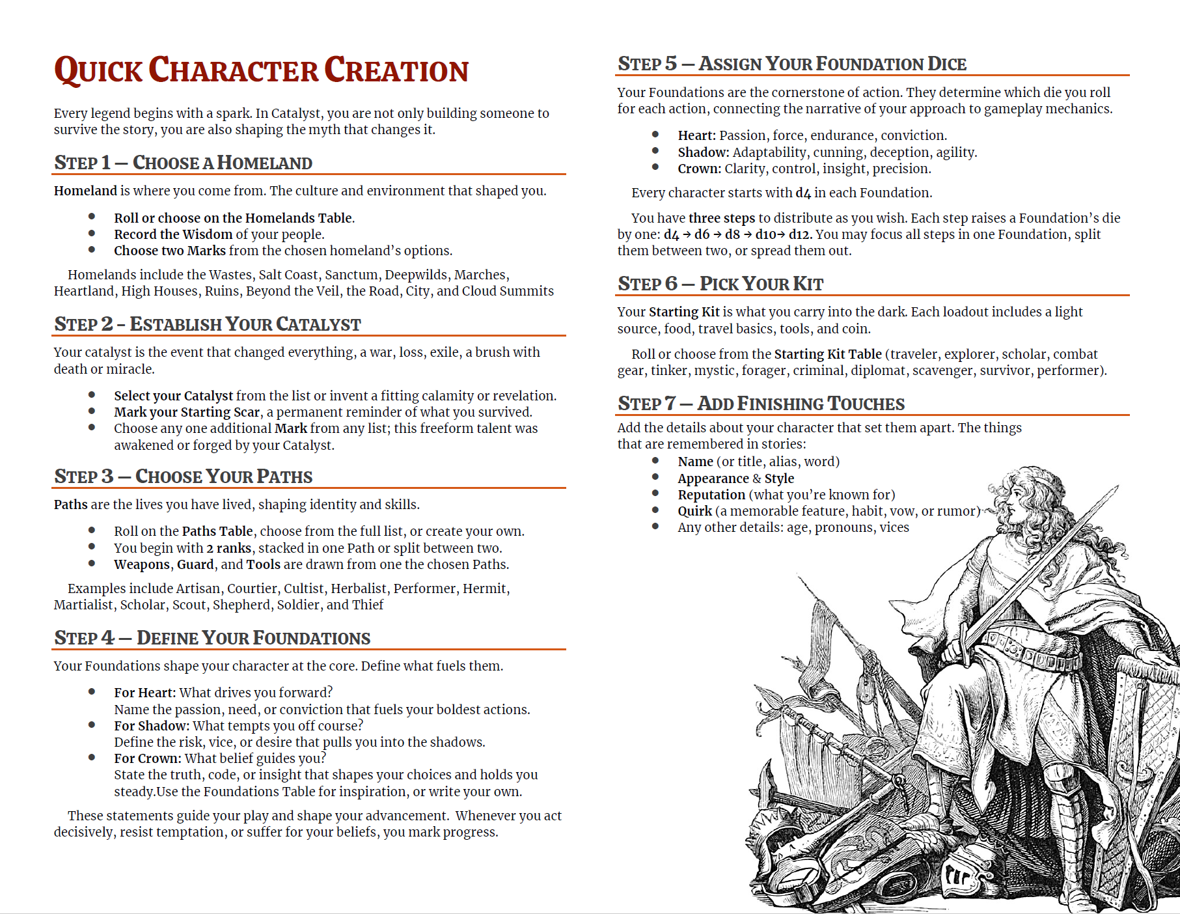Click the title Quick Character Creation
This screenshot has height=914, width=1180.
pos(261,70)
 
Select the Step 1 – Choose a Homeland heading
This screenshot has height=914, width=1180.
pos(183,163)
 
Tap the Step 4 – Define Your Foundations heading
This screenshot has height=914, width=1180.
pos(212,638)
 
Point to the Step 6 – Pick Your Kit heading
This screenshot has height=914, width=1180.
pos(720,284)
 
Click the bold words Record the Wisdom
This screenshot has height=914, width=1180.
pos(172,234)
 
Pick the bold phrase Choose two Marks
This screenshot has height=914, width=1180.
pos(169,251)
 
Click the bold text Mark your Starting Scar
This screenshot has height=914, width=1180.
pos(186,412)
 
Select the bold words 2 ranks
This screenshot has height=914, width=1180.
pos(228,548)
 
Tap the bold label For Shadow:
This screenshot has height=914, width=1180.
pos(151,726)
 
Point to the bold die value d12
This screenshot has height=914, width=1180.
pos(799,234)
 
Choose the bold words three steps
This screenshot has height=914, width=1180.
pos(721,218)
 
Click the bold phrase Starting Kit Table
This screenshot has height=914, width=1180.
pos(827,354)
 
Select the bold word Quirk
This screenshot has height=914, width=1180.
pos(694,511)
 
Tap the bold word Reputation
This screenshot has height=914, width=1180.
pos(711,495)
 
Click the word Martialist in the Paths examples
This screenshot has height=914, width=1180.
pos(83,605)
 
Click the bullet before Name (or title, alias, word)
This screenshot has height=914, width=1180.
pos(655,460)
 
